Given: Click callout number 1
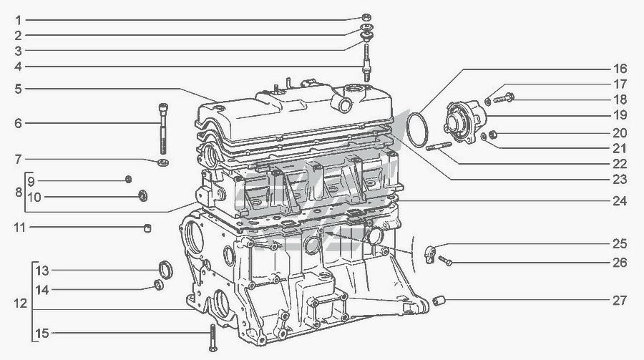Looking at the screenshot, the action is click(x=18, y=20).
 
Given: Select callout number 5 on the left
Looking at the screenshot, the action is click(x=18, y=89).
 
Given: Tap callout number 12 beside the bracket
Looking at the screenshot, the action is click(x=20, y=303).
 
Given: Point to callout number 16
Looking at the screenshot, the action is click(x=620, y=68).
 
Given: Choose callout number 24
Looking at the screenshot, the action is click(x=620, y=201).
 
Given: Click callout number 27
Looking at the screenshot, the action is click(x=620, y=301).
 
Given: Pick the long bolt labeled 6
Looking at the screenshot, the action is click(x=163, y=129).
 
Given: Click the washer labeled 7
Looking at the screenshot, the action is click(x=163, y=162).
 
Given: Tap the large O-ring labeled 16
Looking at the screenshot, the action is click(x=417, y=129).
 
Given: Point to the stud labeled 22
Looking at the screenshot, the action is click(x=439, y=146).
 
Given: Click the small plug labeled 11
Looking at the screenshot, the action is click(x=147, y=228).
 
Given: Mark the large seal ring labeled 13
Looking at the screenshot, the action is click(x=165, y=269).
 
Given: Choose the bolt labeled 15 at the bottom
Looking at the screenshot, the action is click(x=213, y=337).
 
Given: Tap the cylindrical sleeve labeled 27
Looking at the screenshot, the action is click(x=439, y=301).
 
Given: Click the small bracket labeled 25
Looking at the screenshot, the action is click(x=430, y=253).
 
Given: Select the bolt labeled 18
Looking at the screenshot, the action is click(x=504, y=98).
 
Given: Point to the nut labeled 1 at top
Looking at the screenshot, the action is click(x=366, y=17).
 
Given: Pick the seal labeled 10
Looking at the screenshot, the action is click(x=143, y=195).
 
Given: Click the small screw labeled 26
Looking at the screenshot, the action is click(x=446, y=260).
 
